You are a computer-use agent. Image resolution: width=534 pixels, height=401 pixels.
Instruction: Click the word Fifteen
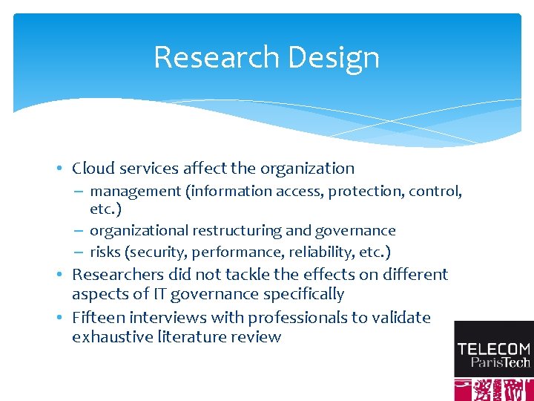[99, 318]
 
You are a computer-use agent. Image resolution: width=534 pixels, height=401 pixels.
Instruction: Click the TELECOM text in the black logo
[493, 348]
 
